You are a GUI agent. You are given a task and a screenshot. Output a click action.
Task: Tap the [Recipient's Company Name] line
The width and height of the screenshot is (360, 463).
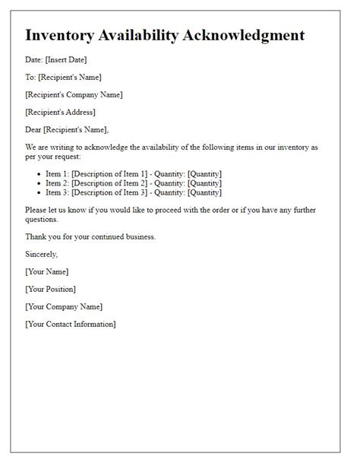click(x=74, y=94)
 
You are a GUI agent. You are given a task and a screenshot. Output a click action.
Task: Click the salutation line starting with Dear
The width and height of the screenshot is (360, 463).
click(x=67, y=129)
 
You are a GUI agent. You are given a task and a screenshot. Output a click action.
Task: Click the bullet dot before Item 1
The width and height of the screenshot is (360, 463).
click(x=38, y=173)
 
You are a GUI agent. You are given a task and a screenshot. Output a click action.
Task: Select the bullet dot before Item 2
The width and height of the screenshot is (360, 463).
click(x=38, y=183)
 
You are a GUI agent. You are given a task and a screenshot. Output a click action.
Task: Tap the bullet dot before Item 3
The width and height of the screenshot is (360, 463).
click(x=38, y=193)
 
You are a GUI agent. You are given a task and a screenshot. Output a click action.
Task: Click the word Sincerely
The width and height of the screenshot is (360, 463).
click(x=42, y=254)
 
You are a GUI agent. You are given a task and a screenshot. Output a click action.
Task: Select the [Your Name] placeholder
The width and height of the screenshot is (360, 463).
click(x=46, y=271)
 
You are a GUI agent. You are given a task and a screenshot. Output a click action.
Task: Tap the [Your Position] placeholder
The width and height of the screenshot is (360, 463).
click(x=50, y=289)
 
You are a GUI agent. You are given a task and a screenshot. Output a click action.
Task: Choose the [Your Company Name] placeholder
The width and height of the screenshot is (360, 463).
click(x=64, y=306)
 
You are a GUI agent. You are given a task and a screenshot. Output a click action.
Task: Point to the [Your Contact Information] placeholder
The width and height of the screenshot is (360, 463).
click(x=71, y=324)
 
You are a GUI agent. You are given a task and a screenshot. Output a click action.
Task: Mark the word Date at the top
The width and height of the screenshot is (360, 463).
click(x=34, y=59)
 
